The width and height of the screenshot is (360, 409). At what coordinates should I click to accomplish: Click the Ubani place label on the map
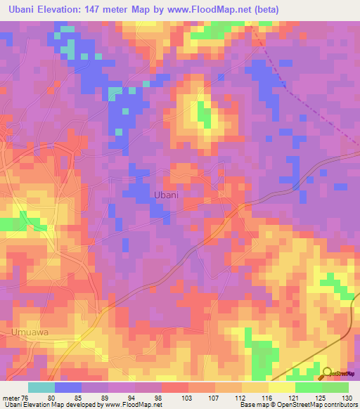point(165,195)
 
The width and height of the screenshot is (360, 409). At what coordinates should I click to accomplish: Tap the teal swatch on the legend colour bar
point(41,387)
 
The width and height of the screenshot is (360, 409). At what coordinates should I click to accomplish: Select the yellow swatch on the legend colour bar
point(281,387)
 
